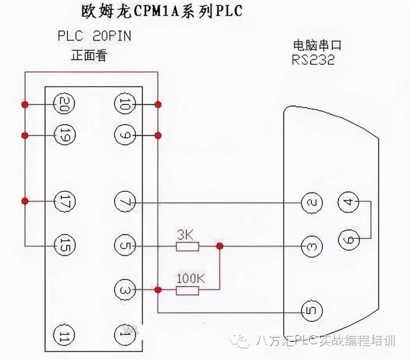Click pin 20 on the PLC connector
[64, 104]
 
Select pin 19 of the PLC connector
[64, 136]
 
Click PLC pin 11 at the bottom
[64, 335]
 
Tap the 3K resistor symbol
[187, 246]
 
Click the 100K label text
[190, 278]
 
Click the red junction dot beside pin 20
[25, 104]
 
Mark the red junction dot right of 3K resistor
[220, 246]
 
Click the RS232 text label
[313, 60]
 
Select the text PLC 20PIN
[94, 36]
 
